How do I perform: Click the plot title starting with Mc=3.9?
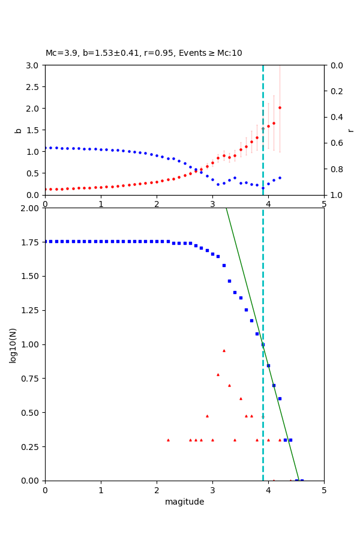(x=144, y=53)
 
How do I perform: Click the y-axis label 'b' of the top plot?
(x=18, y=130)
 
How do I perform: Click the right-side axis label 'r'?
(x=350, y=130)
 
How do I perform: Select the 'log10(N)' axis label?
(x=13, y=344)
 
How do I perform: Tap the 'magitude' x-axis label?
(x=184, y=502)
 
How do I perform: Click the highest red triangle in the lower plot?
(x=224, y=350)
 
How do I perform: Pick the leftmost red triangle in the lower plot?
(x=168, y=440)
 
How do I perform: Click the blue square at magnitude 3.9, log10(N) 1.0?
(x=263, y=344)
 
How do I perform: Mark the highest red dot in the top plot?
(x=280, y=108)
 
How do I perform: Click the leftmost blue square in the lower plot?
(x=46, y=241)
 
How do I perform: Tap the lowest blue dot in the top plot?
(x=263, y=188)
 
